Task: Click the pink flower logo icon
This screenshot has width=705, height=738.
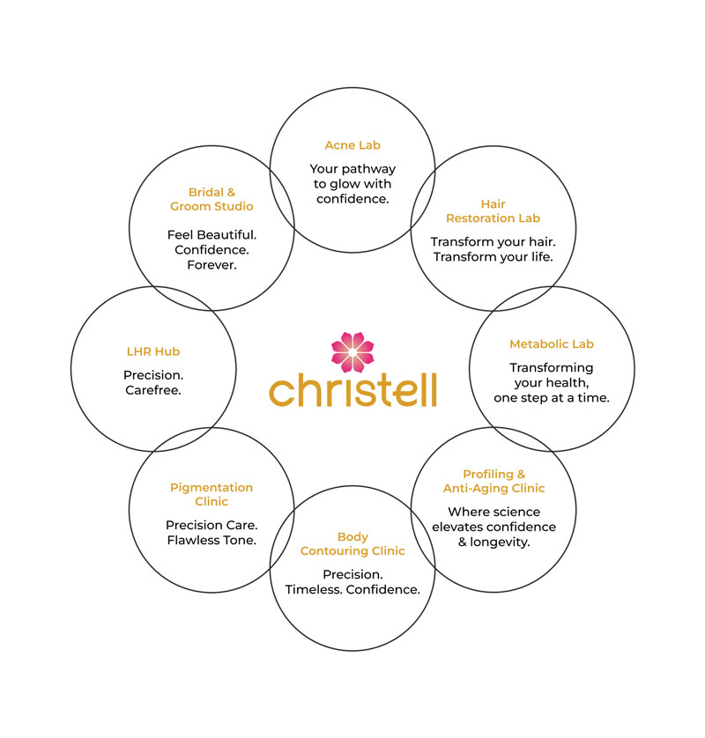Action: pyautogui.click(x=352, y=352)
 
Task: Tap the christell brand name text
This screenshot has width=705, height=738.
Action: pyautogui.click(x=352, y=390)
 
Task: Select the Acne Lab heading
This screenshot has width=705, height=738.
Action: pyautogui.click(x=352, y=145)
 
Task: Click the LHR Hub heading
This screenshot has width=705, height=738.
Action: pyautogui.click(x=153, y=351)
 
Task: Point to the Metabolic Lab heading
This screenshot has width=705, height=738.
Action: pyautogui.click(x=552, y=344)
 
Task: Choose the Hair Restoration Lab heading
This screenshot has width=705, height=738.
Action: pyautogui.click(x=493, y=210)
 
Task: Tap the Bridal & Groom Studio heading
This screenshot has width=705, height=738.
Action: pyautogui.click(x=211, y=199)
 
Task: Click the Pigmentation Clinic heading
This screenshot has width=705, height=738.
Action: pyautogui.click(x=211, y=494)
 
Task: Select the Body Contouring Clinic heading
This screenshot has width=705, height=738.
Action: pyautogui.click(x=352, y=543)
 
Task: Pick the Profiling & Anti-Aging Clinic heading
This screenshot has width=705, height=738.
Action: pyautogui.click(x=493, y=481)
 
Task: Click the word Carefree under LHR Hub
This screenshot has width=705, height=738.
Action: pyautogui.click(x=153, y=390)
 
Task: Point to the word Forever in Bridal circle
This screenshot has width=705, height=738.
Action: pyautogui.click(x=211, y=265)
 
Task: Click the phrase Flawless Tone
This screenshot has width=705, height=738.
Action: pyautogui.click(x=211, y=540)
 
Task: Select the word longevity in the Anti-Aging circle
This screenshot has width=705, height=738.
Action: pyautogui.click(x=500, y=542)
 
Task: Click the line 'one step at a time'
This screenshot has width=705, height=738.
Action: pyautogui.click(x=552, y=398)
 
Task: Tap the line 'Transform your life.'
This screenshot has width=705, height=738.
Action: pyautogui.click(x=493, y=257)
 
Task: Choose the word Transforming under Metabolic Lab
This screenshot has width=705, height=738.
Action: pyautogui.click(x=552, y=368)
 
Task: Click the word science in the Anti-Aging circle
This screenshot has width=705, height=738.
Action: pyautogui.click(x=516, y=512)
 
